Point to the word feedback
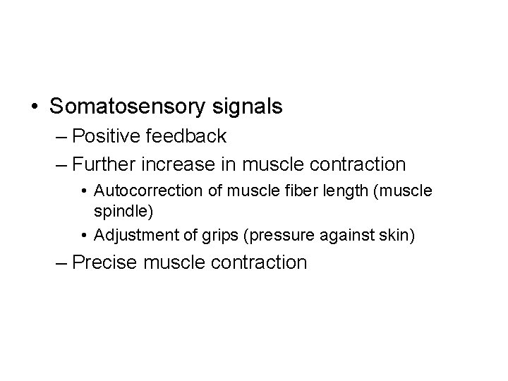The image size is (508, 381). coord(187,135)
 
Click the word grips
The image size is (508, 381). coord(210,235)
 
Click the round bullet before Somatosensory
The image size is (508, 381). coord(35,107)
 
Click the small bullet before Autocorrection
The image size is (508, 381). coord(84,192)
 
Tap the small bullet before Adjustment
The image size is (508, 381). coord(84,236)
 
